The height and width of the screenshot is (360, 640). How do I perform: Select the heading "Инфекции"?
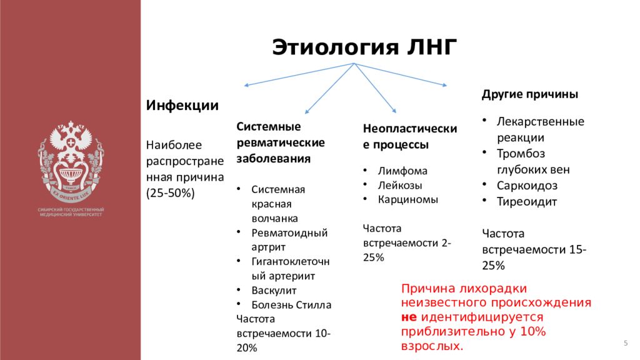click(182, 105)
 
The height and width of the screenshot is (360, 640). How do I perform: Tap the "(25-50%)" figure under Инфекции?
click(171, 194)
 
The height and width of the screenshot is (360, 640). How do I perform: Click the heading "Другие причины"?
click(529, 94)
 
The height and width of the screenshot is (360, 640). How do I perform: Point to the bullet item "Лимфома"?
click(402, 171)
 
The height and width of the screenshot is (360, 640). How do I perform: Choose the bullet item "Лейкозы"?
click(400, 186)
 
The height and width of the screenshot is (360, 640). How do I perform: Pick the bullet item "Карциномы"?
click(407, 200)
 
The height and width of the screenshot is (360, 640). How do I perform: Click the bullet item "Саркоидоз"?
click(527, 186)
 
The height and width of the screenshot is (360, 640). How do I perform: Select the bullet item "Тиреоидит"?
click(526, 202)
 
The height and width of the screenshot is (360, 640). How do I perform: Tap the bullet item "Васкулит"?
click(274, 291)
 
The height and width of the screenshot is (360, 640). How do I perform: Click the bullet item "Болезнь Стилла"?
click(291, 305)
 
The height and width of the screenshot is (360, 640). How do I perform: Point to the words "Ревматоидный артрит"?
click(289, 240)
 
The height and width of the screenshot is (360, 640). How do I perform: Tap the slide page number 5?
click(625, 345)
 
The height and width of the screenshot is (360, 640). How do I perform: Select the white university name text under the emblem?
click(71, 211)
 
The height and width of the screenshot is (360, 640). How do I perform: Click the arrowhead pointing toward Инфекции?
click(246, 85)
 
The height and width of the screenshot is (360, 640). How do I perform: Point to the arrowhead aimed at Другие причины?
click(445, 85)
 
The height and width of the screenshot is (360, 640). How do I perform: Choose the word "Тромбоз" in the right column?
click(521, 153)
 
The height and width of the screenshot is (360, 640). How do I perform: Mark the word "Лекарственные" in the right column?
click(540, 121)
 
